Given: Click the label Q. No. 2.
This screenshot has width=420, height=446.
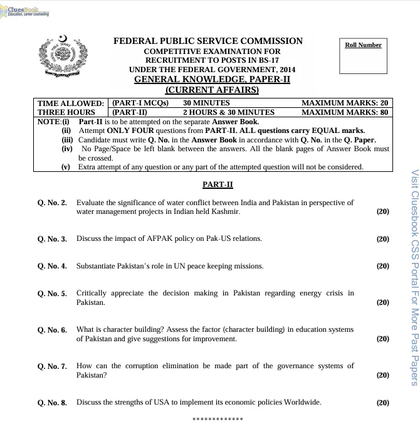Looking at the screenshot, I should coord(52,204).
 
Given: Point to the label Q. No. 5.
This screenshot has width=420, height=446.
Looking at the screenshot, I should coord(52,294).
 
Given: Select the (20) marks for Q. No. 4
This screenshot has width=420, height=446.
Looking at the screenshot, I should coord(382,266).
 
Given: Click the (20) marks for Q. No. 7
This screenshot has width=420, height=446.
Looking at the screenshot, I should coord(382,375).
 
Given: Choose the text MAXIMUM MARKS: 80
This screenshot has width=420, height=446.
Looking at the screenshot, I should coord(345,113).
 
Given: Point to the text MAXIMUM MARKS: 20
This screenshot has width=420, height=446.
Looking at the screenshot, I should coord(345,103).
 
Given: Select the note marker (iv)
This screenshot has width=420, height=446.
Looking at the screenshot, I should coord(66,149).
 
